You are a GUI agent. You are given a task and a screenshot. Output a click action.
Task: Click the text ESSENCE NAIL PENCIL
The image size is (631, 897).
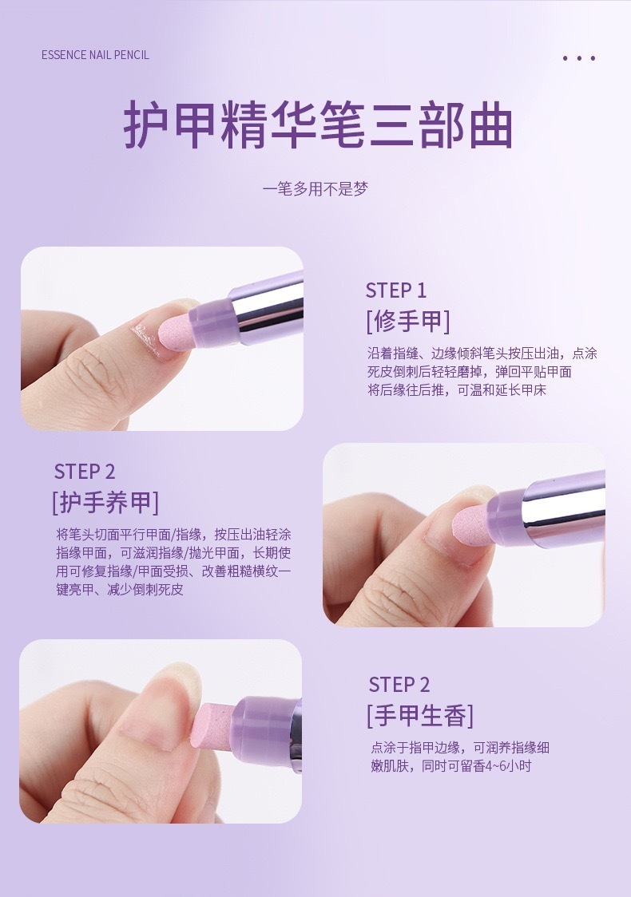pyautogui.click(x=95, y=55)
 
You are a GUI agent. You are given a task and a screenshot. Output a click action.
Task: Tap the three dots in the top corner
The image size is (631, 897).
pyautogui.click(x=579, y=58)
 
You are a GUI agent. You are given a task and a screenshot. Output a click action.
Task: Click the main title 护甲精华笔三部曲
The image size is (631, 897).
pyautogui.click(x=318, y=125)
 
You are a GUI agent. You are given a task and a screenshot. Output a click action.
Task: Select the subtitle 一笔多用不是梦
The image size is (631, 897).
pyautogui.click(x=315, y=189)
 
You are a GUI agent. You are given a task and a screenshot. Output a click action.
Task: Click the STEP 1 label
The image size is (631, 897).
pyautogui.click(x=396, y=290)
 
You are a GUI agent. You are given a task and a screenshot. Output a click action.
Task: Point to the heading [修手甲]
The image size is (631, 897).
pyautogui.click(x=408, y=321)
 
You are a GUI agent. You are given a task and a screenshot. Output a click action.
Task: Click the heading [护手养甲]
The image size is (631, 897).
pyautogui.click(x=105, y=502)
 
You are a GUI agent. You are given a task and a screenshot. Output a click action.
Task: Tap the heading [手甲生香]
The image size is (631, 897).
pyautogui.click(x=420, y=716)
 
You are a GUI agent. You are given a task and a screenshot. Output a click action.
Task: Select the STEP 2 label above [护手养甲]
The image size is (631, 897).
pyautogui.click(x=85, y=472)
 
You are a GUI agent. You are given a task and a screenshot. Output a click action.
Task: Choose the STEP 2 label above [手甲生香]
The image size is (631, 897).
pyautogui.click(x=399, y=685)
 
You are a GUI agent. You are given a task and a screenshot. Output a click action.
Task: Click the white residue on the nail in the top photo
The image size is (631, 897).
pyautogui.click(x=144, y=337)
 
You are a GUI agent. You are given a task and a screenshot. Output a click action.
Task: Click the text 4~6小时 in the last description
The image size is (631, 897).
pyautogui.click(x=509, y=767)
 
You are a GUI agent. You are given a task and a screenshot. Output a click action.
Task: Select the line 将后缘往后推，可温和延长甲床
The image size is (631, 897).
pyautogui.click(x=457, y=390)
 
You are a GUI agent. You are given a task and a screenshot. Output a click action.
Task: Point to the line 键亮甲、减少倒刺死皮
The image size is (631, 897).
pyautogui.click(x=120, y=590)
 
